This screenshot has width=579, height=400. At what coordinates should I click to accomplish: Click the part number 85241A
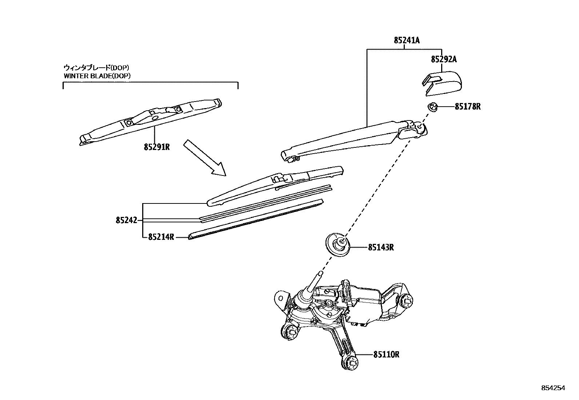point(406,40)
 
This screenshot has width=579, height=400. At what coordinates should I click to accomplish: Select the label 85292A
point(443,59)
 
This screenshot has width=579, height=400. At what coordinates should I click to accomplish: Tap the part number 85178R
point(467,107)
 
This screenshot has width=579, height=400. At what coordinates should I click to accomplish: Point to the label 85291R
point(157,147)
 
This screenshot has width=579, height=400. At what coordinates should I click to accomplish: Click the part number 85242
point(126,220)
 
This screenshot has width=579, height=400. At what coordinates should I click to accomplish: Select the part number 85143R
point(381,247)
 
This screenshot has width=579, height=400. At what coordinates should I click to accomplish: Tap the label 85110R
point(386,354)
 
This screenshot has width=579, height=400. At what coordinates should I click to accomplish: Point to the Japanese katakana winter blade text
point(96,67)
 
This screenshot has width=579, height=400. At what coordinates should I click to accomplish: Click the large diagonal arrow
point(204,157)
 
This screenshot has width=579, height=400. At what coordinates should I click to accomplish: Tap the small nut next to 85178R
point(432,107)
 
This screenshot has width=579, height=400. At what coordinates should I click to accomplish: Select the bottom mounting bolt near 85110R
point(349,362)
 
